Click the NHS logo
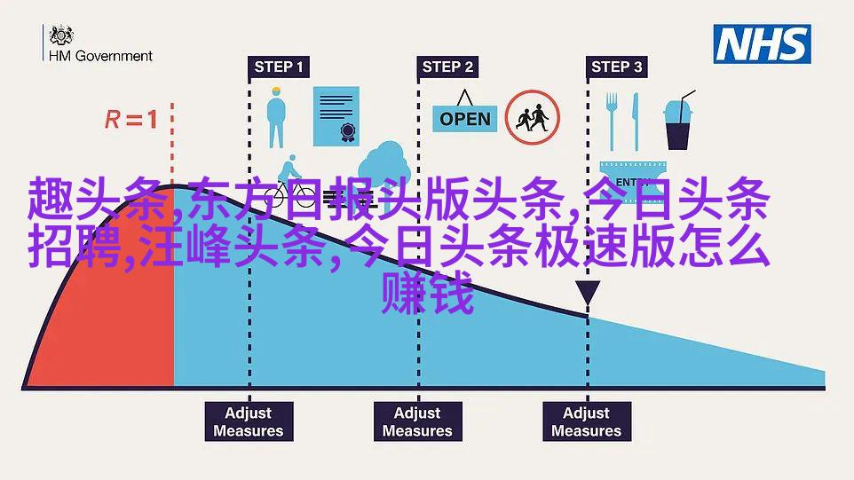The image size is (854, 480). pyautogui.click(x=762, y=44)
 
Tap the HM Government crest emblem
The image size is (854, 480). pyautogui.click(x=61, y=35)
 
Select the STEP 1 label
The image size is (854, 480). pyautogui.click(x=279, y=67)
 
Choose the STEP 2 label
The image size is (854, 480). pyautogui.click(x=447, y=67)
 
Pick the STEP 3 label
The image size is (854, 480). pyautogui.click(x=617, y=67)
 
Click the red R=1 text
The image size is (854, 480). pyautogui.click(x=130, y=119)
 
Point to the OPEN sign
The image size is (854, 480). pyautogui.click(x=464, y=113)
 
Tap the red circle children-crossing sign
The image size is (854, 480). pyautogui.click(x=532, y=117)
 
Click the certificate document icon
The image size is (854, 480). pyautogui.click(x=336, y=116)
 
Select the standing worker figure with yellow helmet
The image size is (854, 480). pyautogui.click(x=276, y=117)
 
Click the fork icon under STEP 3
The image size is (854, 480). pyautogui.click(x=612, y=122)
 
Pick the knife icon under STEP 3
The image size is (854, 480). pyautogui.click(x=635, y=122)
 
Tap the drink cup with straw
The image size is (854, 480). pyautogui.click(x=678, y=121)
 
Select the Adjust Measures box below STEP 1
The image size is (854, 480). pyautogui.click(x=249, y=421)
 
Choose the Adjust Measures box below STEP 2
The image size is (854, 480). pyautogui.click(x=418, y=421)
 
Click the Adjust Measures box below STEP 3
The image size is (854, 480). pyautogui.click(x=587, y=421)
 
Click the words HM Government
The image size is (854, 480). pyautogui.click(x=101, y=56)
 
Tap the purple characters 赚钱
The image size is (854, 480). pyautogui.click(x=428, y=293)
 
